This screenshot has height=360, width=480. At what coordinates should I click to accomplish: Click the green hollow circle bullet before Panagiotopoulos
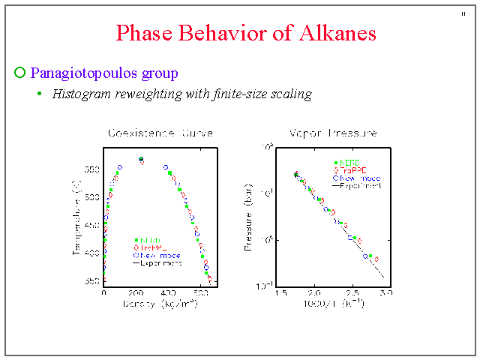[20, 73]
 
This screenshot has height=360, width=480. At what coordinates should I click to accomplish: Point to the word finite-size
[230, 94]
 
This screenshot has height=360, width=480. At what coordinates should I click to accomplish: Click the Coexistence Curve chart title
[160, 133]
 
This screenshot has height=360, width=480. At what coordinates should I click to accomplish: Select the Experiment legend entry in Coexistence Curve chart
[157, 263]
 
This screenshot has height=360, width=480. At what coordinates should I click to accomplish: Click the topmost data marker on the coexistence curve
[141, 159]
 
